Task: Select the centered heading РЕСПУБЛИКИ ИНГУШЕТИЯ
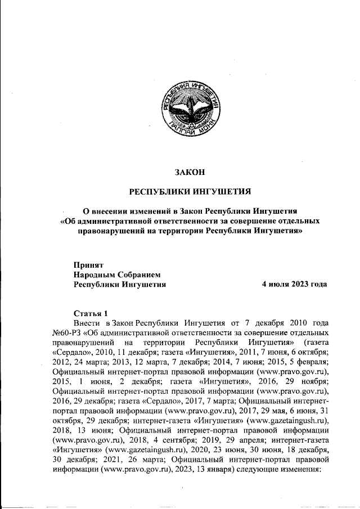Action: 190,191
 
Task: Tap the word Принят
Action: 88,264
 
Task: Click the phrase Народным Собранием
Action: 118,274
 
